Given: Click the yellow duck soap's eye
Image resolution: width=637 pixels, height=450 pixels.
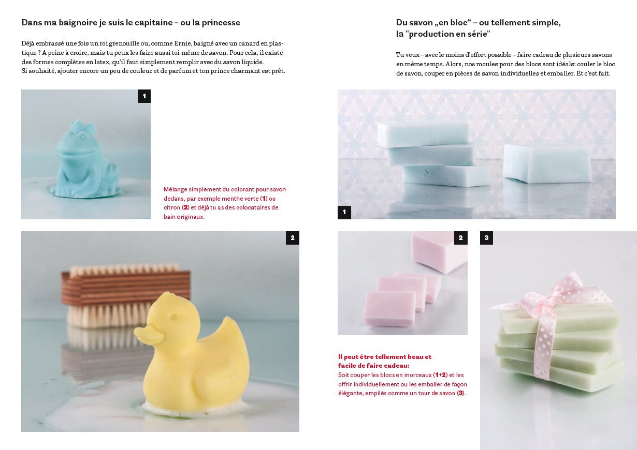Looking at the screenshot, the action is pyautogui.click(x=173, y=317).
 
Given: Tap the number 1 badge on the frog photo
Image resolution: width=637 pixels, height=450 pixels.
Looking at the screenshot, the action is pyautogui.click(x=144, y=96).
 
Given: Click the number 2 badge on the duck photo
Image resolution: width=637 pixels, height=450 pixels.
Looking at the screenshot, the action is pyautogui.click(x=292, y=238).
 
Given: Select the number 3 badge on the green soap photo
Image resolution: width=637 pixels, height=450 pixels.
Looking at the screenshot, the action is pyautogui.click(x=487, y=238).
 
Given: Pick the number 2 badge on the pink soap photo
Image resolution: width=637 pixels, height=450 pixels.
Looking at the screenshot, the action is pyautogui.click(x=461, y=238).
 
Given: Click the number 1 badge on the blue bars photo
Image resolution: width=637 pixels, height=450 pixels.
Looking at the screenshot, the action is pyautogui.click(x=344, y=212).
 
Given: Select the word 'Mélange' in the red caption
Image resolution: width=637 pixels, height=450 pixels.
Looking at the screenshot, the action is pyautogui.click(x=175, y=189).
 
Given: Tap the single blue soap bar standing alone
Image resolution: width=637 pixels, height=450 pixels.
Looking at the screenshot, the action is pyautogui.click(x=546, y=164).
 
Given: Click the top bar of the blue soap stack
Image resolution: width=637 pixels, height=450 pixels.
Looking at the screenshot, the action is pyautogui.click(x=423, y=134).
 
